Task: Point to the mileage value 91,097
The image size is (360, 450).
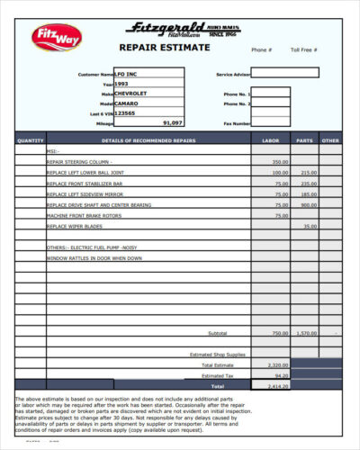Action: coord(172,122)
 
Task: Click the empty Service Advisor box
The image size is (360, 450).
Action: coord(291,73)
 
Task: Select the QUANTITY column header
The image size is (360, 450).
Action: coord(31,140)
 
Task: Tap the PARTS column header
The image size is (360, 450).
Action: coord(305,140)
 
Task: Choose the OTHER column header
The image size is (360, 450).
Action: coord(331,140)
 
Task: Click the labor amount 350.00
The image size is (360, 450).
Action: coord(280,161)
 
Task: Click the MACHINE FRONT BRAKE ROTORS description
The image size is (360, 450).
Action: coord(85,215)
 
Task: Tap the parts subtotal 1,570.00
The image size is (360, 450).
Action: coord(307,333)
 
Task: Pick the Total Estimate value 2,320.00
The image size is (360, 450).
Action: coord(278,365)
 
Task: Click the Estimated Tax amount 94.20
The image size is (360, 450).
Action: coord(281,375)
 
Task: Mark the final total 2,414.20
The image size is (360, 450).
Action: coord(278,385)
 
